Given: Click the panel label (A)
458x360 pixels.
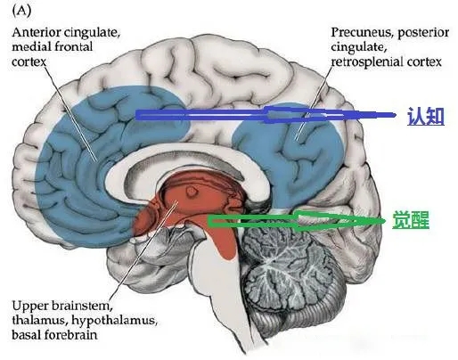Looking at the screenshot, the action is click(21, 11).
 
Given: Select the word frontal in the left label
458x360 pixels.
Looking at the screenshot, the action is click(74, 46).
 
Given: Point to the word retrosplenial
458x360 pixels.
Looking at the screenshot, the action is click(367, 61).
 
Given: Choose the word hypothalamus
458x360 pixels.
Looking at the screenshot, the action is click(114, 321).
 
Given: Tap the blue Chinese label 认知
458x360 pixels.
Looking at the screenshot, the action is click(426, 116).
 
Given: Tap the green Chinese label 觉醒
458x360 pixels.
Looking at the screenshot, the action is click(411, 220).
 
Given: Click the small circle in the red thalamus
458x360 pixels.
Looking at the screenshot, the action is click(191, 192).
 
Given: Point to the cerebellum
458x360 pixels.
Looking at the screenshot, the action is click(292, 279).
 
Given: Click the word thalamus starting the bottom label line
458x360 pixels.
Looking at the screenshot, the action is click(40, 321).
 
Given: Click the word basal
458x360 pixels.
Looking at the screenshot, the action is click(27, 335).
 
